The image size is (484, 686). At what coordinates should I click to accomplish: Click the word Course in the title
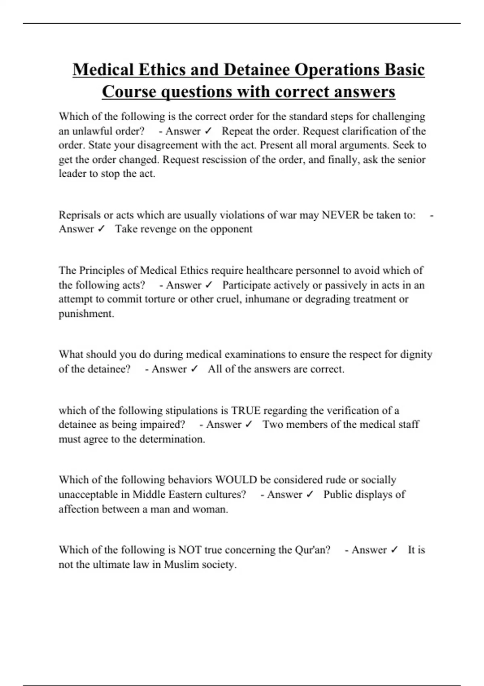coord(129,92)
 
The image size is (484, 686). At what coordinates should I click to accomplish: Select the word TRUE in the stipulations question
coord(246,410)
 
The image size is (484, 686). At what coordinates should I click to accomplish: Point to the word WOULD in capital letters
coord(236,480)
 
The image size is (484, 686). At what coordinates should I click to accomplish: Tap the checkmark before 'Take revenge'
coord(101,229)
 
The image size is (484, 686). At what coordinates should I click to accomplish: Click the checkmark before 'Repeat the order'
coord(208,131)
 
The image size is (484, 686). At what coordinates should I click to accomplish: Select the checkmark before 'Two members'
coord(249,425)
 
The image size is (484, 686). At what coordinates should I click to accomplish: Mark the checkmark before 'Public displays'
coord(310,494)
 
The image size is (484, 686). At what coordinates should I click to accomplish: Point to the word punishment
coord(86,314)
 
